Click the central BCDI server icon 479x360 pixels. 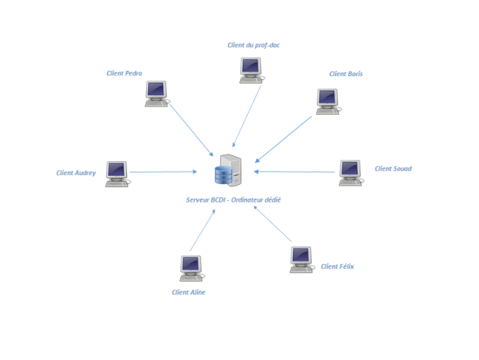pos(228,171)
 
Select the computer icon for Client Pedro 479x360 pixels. pos(157,94)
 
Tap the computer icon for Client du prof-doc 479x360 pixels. pos(252,69)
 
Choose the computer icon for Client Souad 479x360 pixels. pos(351,173)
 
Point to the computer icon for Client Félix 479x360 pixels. pos(302,260)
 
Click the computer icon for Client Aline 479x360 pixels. pos(191,269)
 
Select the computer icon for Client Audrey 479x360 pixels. pos(117,174)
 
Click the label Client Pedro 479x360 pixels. pos(125,74)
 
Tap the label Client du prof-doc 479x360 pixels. pos(254,45)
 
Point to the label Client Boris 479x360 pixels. pos(346,74)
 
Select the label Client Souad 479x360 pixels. pos(392,169)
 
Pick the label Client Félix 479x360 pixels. pos(338,266)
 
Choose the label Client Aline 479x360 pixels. pos(189,292)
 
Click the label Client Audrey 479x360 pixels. pos(76,173)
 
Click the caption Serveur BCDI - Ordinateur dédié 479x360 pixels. pos(229,199)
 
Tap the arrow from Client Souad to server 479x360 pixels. pos(297,173)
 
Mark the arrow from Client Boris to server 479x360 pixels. pos(284,139)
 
